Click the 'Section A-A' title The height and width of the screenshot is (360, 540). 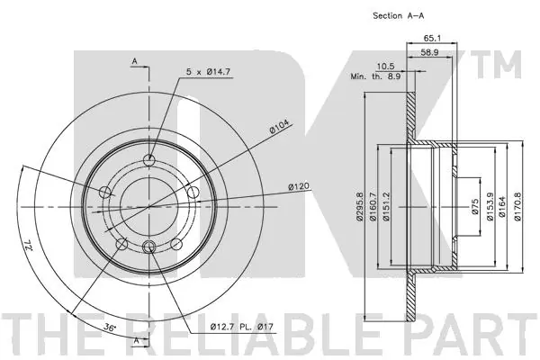(x=399, y=15)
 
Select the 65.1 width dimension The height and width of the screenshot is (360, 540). (x=432, y=38)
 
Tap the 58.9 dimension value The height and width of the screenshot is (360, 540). (x=429, y=52)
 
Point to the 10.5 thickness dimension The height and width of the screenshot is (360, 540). (x=386, y=66)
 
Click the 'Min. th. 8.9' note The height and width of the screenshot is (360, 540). (x=375, y=76)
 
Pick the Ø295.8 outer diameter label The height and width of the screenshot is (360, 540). (x=359, y=206)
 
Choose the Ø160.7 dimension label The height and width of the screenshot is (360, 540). (x=372, y=206)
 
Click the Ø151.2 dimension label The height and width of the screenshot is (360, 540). (x=386, y=206)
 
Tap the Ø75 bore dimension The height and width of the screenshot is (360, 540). (x=475, y=206)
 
